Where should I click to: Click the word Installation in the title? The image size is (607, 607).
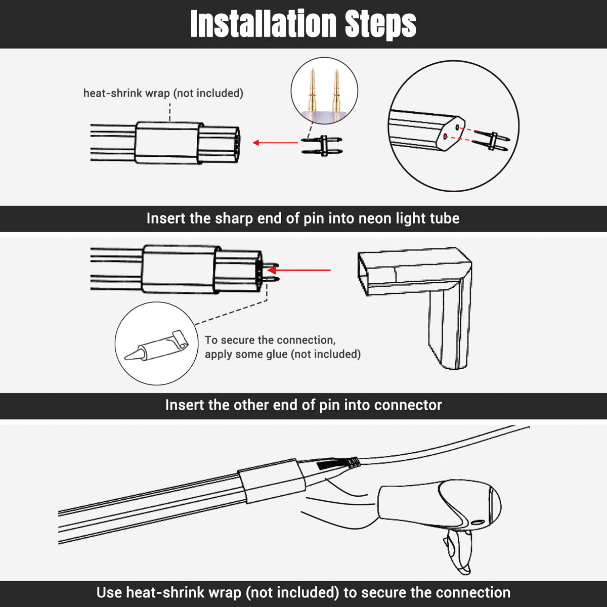click(264, 24)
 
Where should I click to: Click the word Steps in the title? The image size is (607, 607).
click(380, 25)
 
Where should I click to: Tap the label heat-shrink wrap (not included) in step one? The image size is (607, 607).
click(163, 93)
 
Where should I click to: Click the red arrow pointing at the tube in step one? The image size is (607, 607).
click(275, 143)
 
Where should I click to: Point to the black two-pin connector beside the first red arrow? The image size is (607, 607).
click(322, 146)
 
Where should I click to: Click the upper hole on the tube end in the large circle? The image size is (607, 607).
click(457, 127)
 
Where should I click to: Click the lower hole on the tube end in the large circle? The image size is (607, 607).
click(445, 137)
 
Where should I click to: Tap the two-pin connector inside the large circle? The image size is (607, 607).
click(491, 141)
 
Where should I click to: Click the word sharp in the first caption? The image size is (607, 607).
click(234, 219)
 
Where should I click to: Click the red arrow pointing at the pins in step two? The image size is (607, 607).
click(298, 270)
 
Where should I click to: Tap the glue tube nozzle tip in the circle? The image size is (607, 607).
click(126, 357)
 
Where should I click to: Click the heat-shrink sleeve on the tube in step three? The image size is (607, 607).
click(272, 481)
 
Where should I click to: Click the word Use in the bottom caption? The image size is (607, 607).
click(109, 592)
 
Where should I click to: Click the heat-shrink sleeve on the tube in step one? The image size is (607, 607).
click(169, 143)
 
